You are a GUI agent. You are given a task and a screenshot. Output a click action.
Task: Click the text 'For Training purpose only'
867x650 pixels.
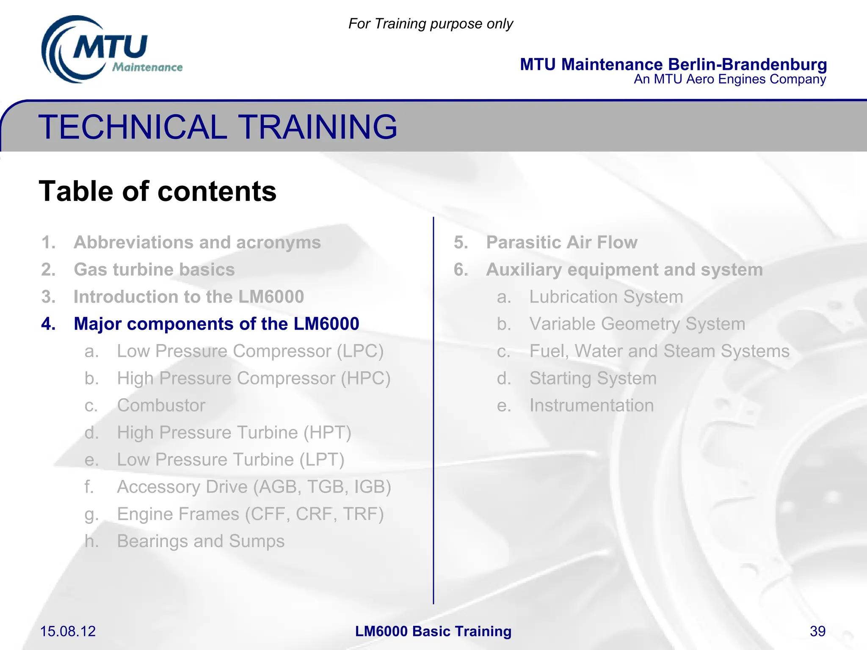430,24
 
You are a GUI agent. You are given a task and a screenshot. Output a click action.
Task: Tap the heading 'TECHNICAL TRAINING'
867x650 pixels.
218,127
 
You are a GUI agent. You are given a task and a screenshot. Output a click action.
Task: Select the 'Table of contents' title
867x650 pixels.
157,191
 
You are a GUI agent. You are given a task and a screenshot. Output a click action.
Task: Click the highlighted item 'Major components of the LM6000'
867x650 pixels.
216,324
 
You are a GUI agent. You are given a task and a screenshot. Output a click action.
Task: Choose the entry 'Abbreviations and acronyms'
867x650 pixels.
197,242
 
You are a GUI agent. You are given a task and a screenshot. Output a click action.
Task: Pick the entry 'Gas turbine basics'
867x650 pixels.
154,270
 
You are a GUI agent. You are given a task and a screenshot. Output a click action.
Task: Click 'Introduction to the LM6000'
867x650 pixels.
188,297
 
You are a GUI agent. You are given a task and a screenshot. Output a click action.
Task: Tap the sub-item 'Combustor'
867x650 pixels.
161,405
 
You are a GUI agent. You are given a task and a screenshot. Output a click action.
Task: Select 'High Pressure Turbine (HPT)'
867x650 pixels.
234,432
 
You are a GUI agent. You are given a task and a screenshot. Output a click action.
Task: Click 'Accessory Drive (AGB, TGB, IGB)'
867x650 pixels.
254,487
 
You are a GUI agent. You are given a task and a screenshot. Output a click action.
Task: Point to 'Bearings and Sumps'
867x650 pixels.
201,541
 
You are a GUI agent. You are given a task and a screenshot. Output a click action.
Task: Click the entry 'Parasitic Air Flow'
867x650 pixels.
561,242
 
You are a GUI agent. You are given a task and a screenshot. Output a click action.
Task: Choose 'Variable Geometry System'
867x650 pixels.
637,324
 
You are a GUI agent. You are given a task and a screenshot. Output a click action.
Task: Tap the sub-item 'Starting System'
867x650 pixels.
593,378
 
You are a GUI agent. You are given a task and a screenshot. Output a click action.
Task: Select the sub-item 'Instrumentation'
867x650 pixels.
591,405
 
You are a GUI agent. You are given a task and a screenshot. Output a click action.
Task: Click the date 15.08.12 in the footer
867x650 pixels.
68,631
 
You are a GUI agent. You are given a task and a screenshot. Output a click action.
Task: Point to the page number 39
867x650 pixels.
817,631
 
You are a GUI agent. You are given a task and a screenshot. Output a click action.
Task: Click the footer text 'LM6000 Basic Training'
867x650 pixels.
433,631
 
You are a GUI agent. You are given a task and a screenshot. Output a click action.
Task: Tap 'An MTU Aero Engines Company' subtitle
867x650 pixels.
729,79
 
